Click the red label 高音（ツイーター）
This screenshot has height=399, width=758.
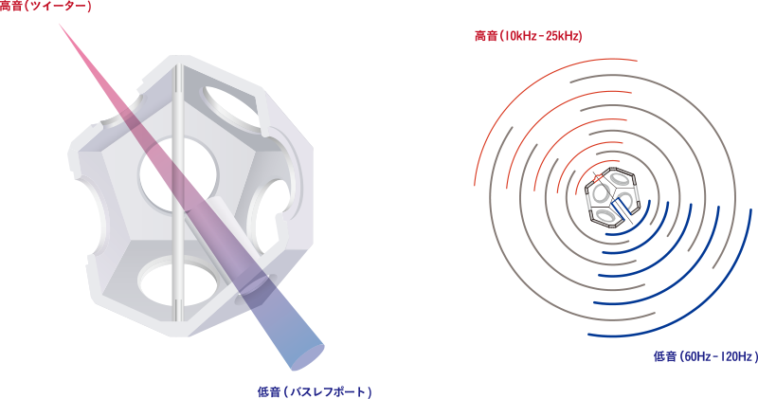tap(45, 7)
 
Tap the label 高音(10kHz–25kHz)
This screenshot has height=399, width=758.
tap(528, 36)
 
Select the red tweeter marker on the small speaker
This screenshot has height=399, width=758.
tap(596, 179)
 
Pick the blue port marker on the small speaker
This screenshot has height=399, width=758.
tap(626, 209)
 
